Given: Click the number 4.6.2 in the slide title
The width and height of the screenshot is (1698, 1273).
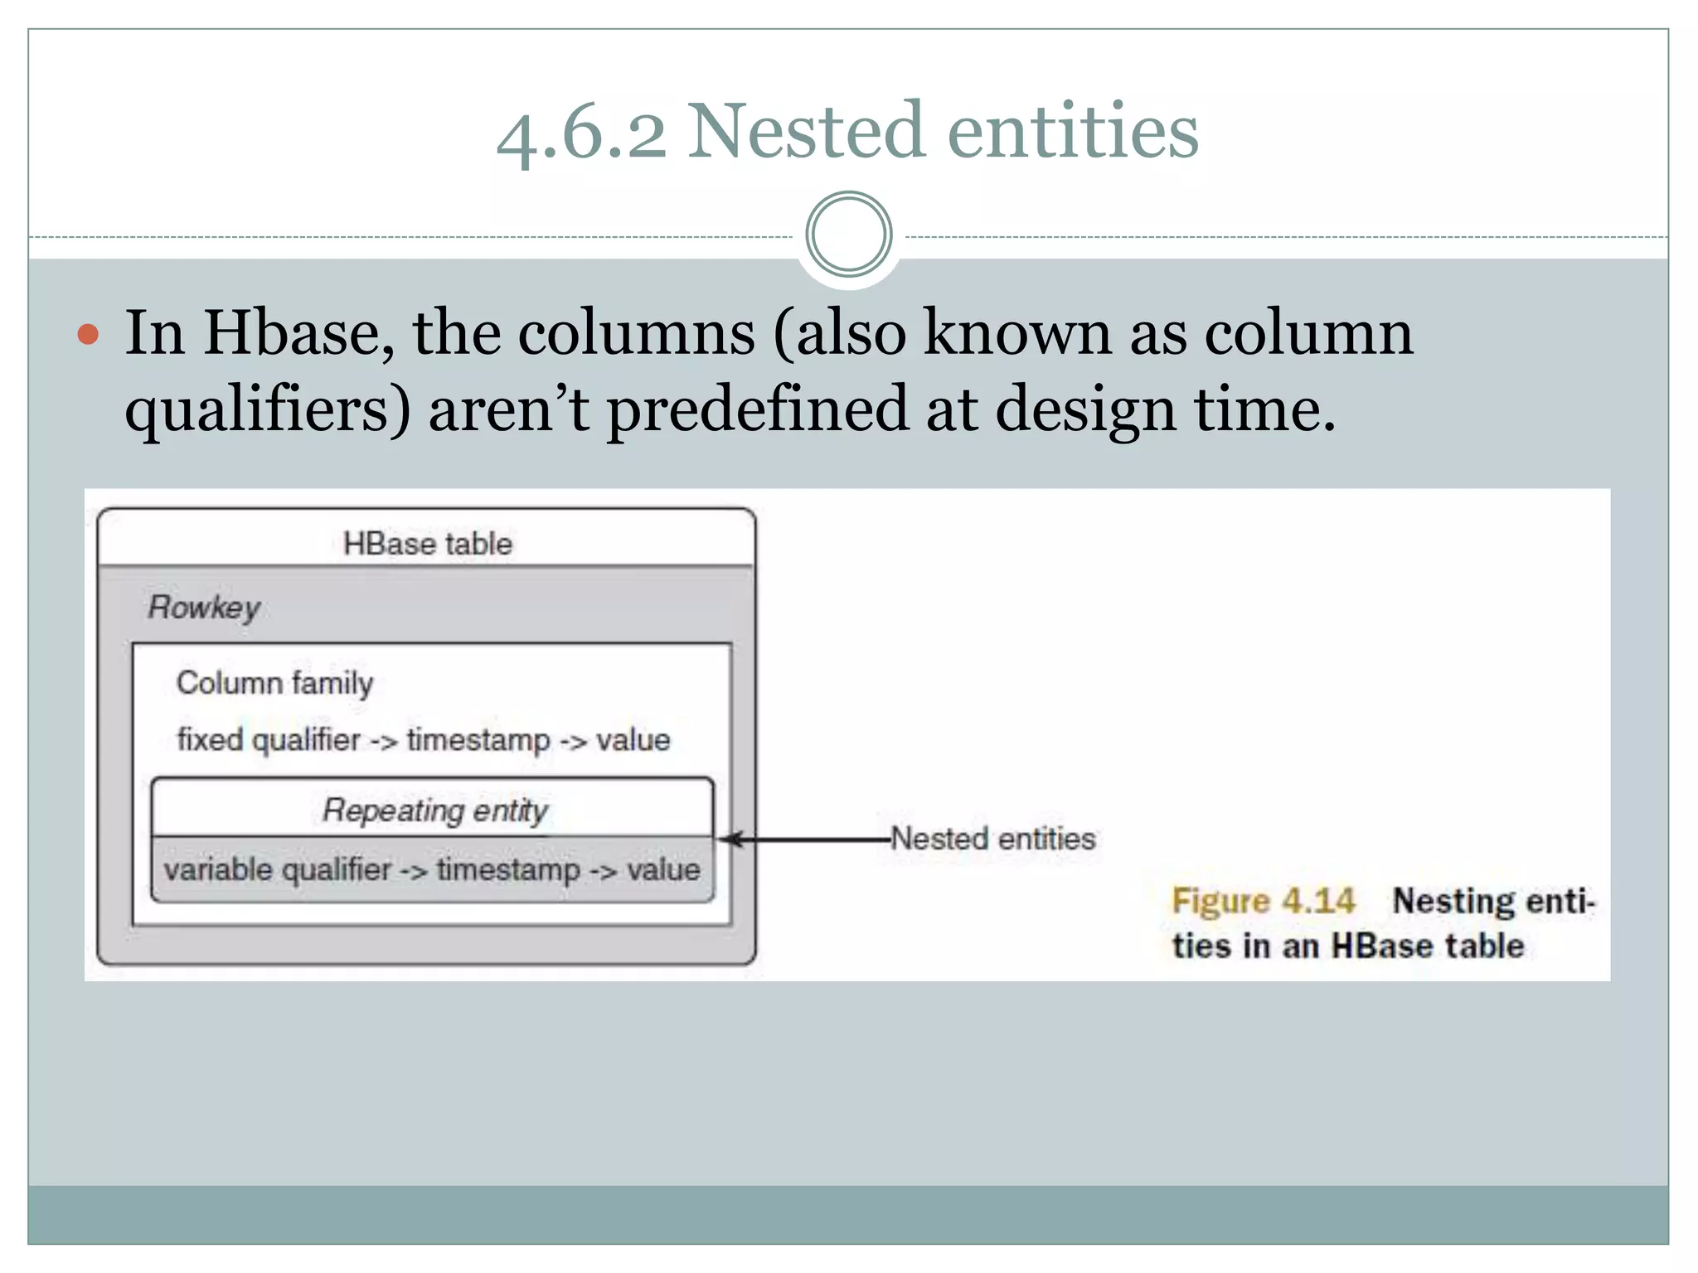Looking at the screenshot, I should tap(580, 133).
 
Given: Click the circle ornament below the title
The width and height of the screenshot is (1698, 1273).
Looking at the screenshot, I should tap(848, 235).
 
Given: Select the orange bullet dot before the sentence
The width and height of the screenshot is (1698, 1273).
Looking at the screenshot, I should tap(88, 335).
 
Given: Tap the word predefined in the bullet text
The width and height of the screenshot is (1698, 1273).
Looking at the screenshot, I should tap(758, 410).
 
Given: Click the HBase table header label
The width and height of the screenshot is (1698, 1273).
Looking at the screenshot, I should tap(428, 545).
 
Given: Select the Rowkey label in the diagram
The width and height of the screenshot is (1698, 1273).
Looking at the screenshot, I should tap(204, 607).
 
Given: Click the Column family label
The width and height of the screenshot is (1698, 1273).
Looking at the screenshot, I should tap(274, 683).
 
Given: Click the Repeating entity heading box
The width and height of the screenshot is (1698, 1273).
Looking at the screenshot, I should tap(434, 809).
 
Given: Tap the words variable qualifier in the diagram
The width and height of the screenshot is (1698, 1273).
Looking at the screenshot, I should tap(277, 870).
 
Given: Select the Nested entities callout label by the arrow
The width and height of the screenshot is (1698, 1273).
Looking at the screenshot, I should tap(993, 839).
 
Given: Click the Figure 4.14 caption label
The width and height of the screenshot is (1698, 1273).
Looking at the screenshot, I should tap(1263, 901).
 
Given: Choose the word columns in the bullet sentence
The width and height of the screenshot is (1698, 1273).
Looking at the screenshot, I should tap(637, 333).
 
